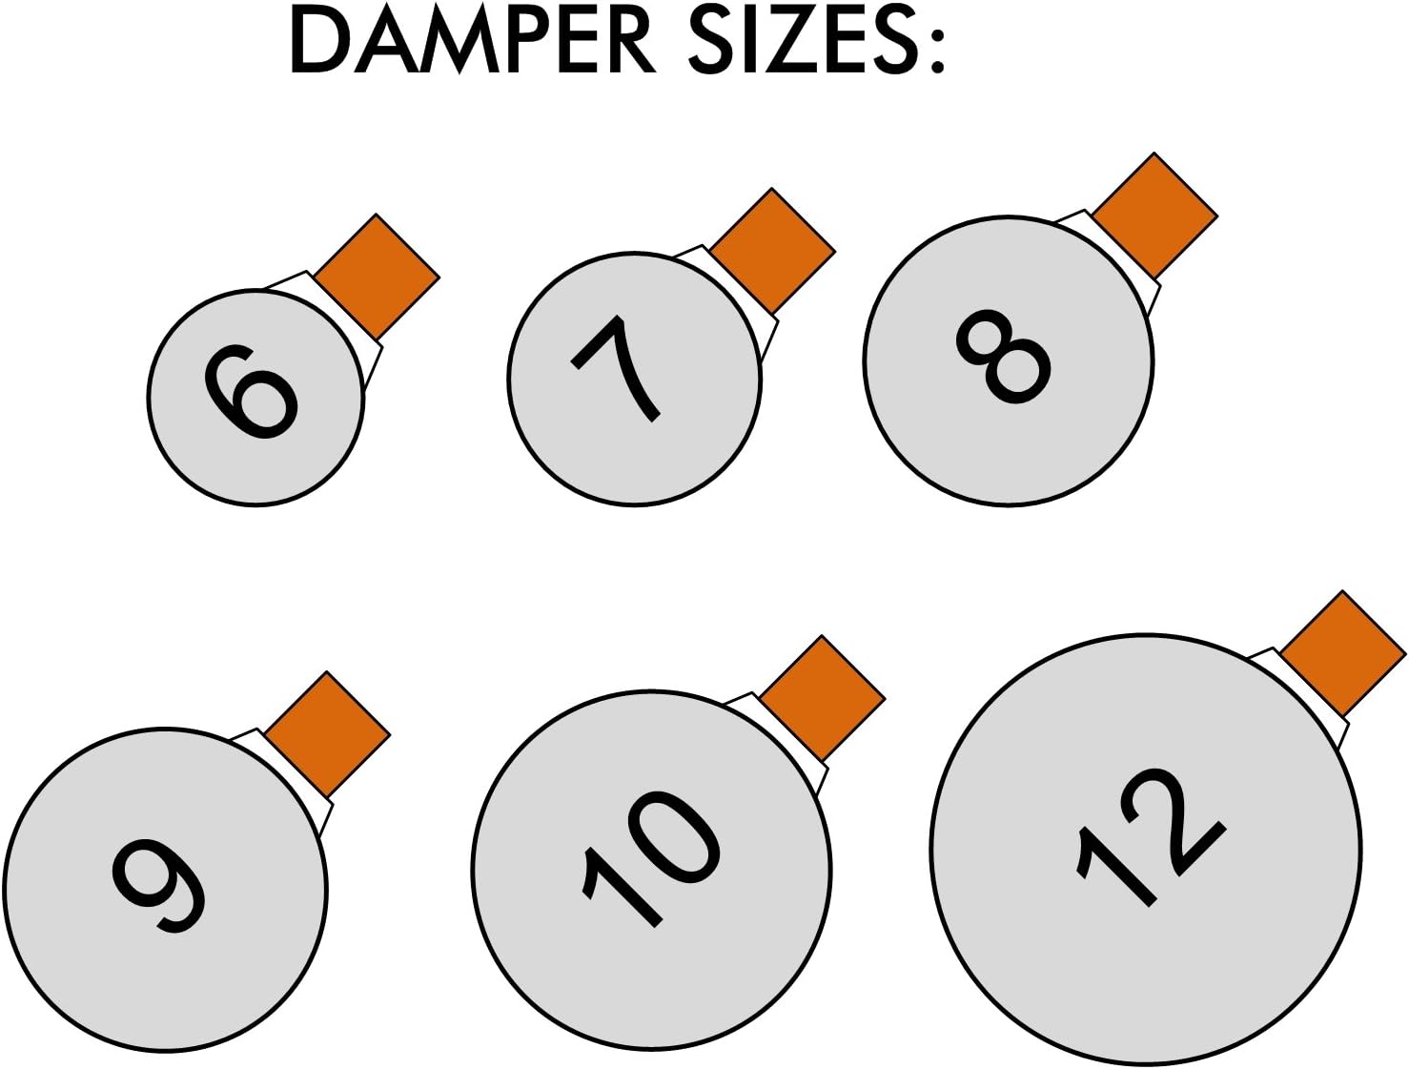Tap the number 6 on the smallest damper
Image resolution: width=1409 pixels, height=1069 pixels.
tap(250, 393)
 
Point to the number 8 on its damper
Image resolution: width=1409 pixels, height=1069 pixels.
tap(1003, 356)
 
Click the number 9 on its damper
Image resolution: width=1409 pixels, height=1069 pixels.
tap(158, 885)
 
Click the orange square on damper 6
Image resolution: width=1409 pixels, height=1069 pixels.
tap(377, 277)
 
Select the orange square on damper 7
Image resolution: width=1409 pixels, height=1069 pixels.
tap(772, 252)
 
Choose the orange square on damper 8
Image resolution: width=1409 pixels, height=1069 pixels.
tap(1154, 216)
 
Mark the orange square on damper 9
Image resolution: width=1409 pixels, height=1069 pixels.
tap(327, 734)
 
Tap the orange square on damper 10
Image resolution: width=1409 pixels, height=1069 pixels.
tap(823, 699)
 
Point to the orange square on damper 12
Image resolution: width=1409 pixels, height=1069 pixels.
tap(1342, 654)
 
